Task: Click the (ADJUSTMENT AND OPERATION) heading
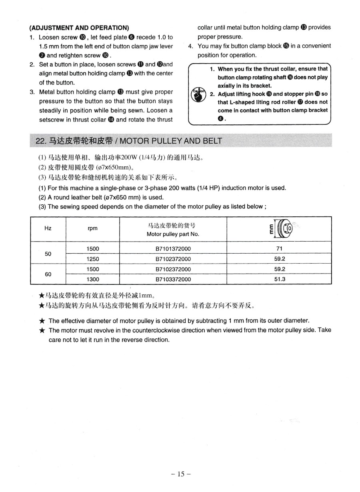[79, 28]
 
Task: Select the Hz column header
[48, 228]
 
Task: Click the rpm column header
[92, 228]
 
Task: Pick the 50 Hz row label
[48, 254]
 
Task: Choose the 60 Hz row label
[48, 274]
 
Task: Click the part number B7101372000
[173, 248]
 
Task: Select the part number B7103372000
[173, 279]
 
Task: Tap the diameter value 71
[279, 248]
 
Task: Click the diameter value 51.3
[279, 279]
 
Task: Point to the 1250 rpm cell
[92, 259]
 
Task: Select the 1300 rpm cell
[92, 279]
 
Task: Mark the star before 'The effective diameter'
[42, 321]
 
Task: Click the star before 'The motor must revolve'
[42, 330]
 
